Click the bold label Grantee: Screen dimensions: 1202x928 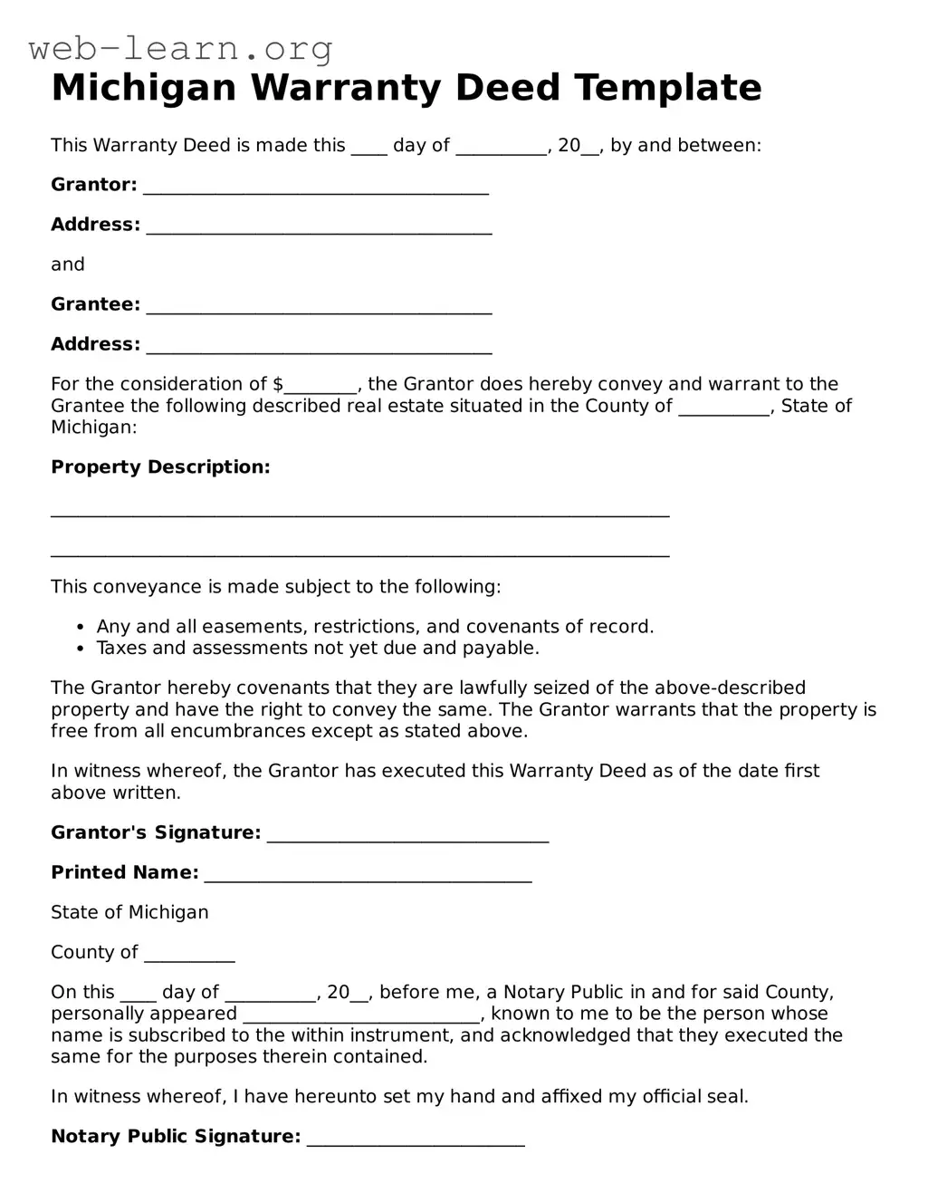point(95,304)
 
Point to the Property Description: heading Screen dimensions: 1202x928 point(160,467)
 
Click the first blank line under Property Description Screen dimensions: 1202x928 point(359,513)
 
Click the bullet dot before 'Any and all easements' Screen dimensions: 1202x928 point(80,628)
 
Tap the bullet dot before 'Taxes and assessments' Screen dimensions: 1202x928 point(80,649)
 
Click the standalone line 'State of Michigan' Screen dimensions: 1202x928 point(129,912)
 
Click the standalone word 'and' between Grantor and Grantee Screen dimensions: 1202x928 point(68,264)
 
